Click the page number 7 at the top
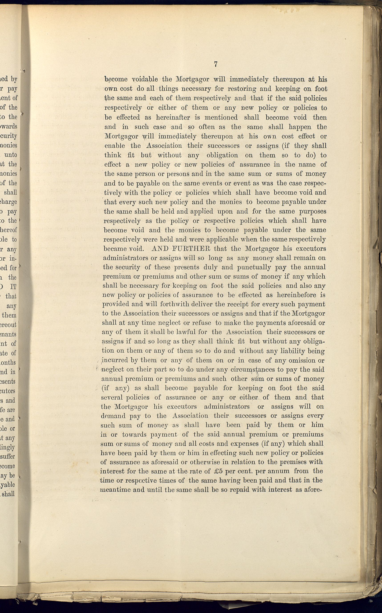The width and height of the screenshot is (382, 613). pyautogui.click(x=216, y=65)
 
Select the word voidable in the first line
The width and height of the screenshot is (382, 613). pyautogui.click(x=145, y=79)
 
